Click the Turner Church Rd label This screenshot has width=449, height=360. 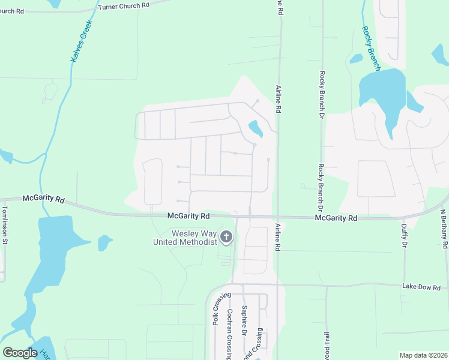click(124, 5)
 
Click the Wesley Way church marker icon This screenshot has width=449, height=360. click(226, 238)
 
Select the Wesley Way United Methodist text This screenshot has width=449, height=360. click(185, 238)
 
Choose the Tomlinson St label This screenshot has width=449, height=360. click(5, 225)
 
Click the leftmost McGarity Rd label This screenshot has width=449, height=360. click(43, 198)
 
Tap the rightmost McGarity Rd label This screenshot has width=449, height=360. click(336, 218)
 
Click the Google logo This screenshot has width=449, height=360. click(20, 353)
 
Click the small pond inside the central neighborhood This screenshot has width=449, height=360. click(255, 128)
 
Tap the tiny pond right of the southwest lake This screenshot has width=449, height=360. click(104, 242)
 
